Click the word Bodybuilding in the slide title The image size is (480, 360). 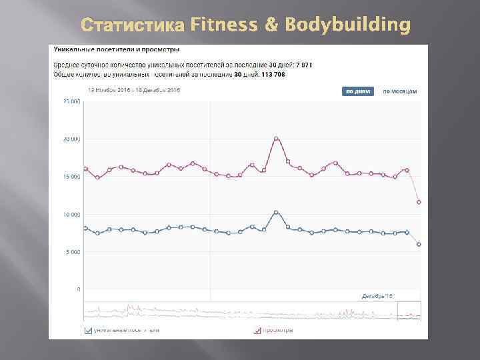click(348, 25)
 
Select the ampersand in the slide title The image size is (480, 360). click(271, 25)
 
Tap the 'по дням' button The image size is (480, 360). click(358, 91)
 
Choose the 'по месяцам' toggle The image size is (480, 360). click(400, 91)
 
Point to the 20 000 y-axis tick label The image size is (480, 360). click(72, 139)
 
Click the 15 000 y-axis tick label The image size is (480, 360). click(72, 177)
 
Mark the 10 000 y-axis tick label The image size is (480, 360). click(72, 215)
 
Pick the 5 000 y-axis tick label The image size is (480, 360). click(73, 252)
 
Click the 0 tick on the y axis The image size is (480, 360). click(79, 289)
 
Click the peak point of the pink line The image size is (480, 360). click(276, 139)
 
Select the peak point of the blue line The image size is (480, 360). click(276, 213)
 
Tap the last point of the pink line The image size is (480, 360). click(419, 202)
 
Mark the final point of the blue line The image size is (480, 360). click(419, 245)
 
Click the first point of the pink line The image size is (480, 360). click(85, 169)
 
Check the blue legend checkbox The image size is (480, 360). click(88, 329)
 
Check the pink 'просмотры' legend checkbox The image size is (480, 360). click(257, 329)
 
